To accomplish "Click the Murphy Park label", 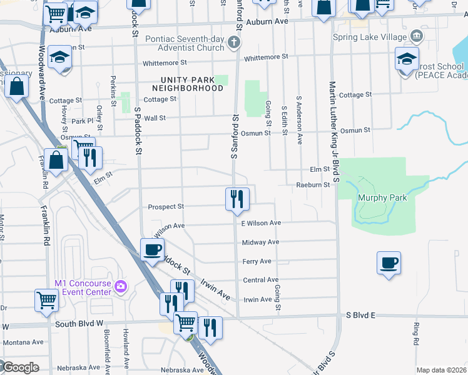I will [382, 198].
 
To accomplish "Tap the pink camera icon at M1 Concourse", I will [121, 287].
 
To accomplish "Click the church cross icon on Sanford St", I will [234, 42].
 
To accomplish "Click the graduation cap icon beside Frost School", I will [407, 60].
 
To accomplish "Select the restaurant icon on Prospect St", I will [237, 198].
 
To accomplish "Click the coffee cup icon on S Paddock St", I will [152, 249].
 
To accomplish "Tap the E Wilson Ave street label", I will [261, 223].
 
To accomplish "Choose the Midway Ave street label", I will [260, 242].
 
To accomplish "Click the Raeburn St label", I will [313, 185].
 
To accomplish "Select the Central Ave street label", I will [260, 280].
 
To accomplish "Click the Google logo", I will [20, 367].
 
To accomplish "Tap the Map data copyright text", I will [441, 370].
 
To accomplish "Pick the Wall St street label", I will [155, 118].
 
